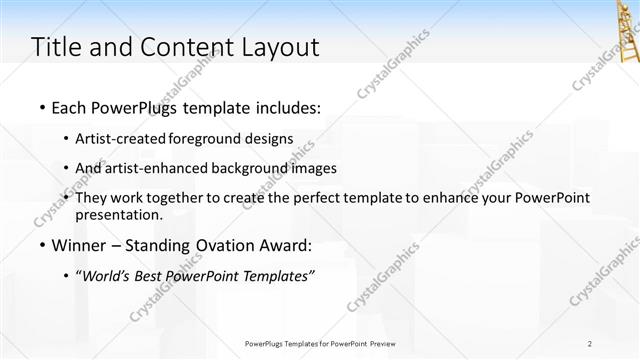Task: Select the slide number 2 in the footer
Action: pyautogui.click(x=590, y=343)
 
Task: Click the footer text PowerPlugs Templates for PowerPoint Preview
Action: pyautogui.click(x=320, y=343)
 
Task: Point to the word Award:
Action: pyautogui.click(x=285, y=246)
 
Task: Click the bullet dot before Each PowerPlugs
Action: pyautogui.click(x=43, y=107)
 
